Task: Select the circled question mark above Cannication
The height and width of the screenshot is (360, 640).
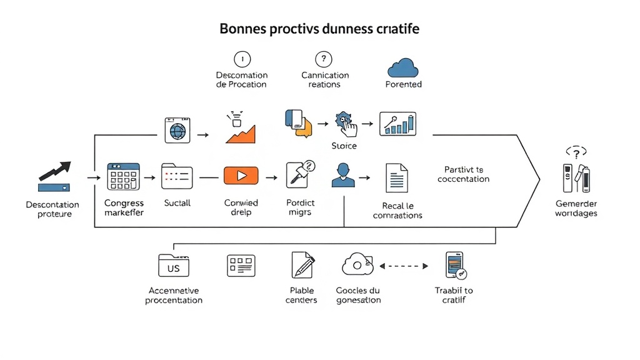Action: (322, 59)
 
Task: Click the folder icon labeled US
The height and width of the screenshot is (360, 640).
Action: (173, 266)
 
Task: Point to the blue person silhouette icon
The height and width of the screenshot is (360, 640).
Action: (342, 175)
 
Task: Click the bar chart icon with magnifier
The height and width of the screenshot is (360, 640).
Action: (397, 123)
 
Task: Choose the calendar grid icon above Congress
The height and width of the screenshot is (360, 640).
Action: (123, 176)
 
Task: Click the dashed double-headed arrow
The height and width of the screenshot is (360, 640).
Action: (404, 266)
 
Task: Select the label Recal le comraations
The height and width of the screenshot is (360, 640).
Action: (397, 211)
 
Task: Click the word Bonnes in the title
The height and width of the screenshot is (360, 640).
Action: (244, 29)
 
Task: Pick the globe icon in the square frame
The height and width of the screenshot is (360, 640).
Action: (177, 131)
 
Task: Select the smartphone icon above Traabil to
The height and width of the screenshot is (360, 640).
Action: (456, 265)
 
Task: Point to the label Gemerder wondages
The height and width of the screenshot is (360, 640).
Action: (576, 209)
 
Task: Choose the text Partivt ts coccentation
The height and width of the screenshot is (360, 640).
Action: (463, 174)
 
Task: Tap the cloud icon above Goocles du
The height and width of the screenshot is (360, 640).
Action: (357, 265)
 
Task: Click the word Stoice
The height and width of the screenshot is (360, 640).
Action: (344, 146)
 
